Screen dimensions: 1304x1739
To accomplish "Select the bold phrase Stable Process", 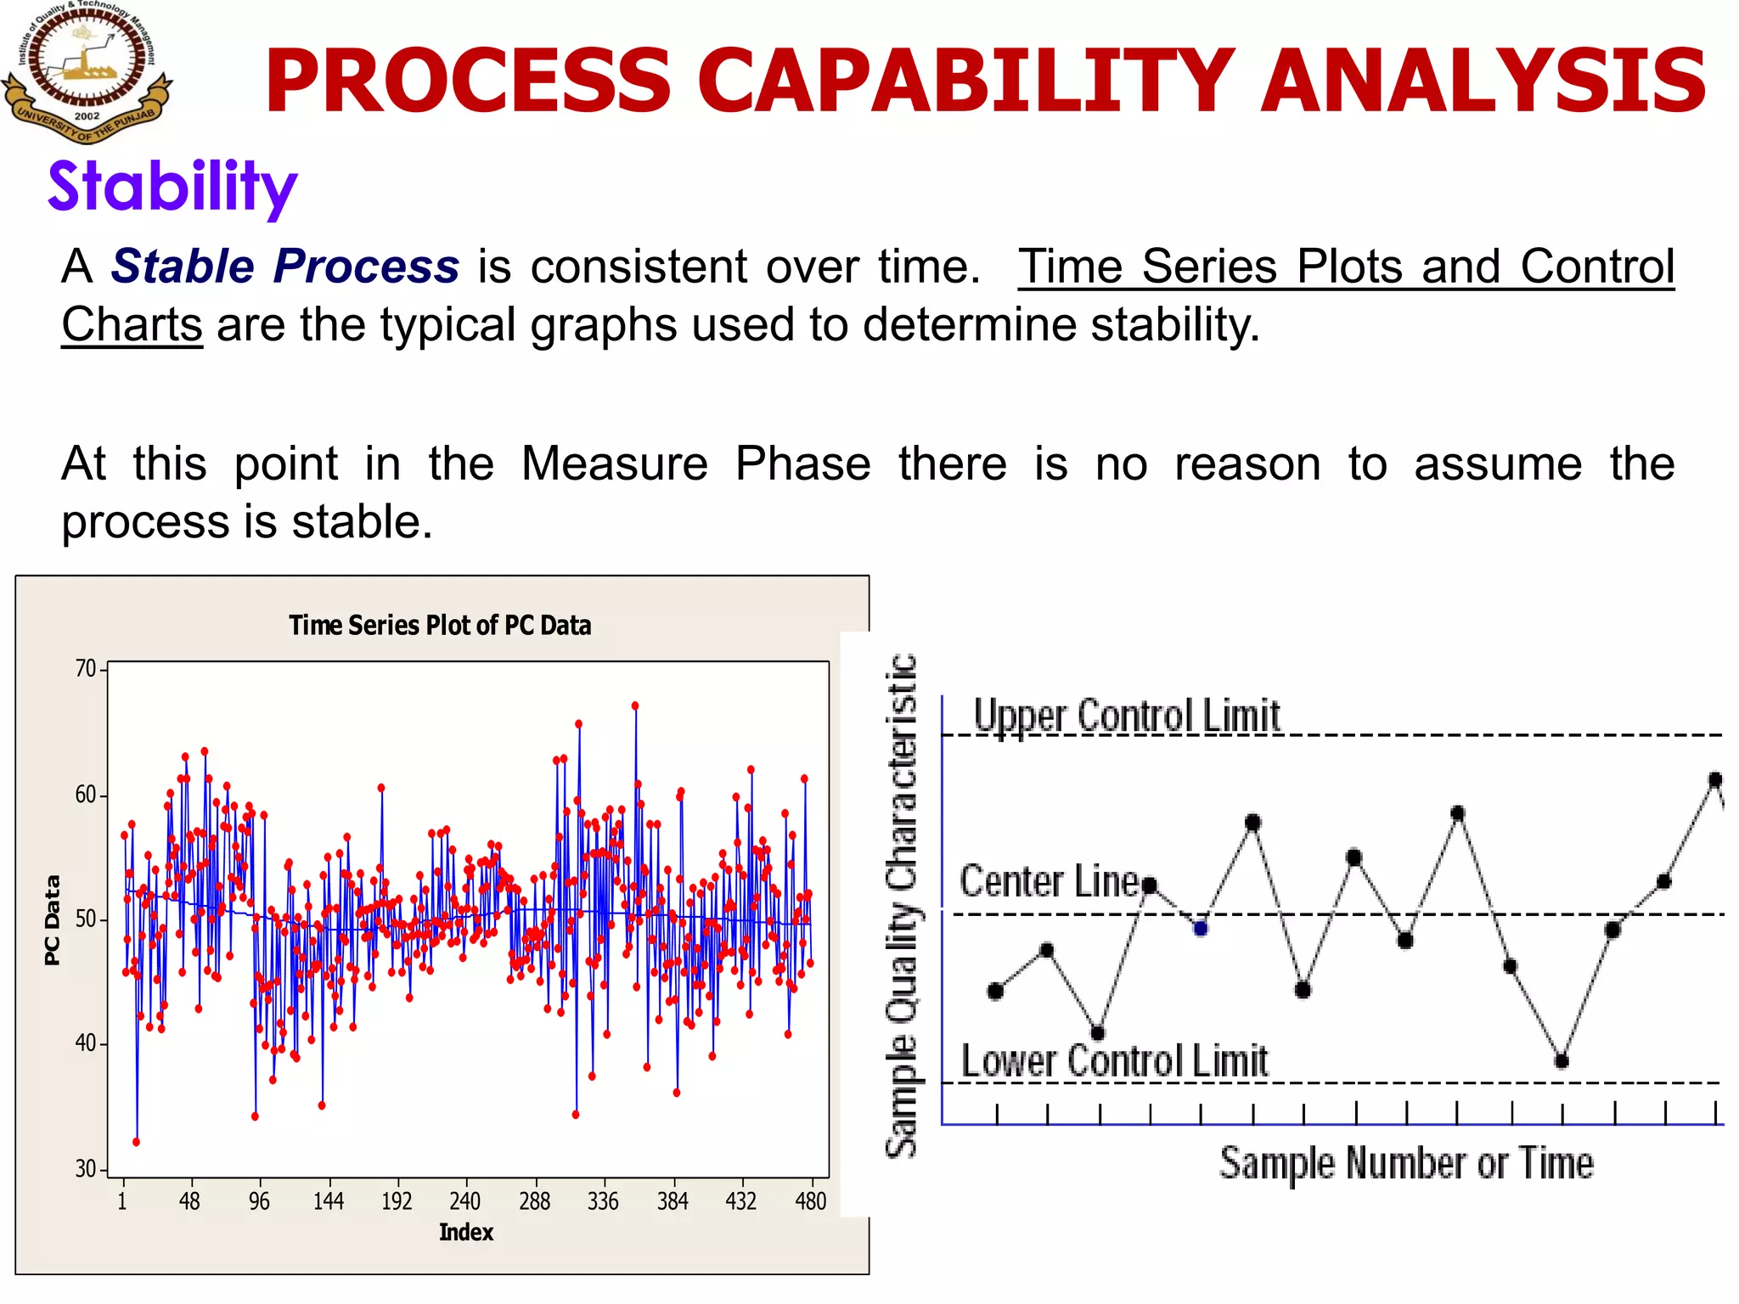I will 285,267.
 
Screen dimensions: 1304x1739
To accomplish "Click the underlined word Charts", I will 132,325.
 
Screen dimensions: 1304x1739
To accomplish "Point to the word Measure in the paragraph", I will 614,464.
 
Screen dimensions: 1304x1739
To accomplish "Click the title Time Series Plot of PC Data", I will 440,626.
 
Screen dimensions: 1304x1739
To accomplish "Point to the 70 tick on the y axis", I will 86,669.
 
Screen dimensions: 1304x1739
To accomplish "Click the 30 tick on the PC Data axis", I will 86,1169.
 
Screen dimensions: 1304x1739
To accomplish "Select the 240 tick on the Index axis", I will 465,1201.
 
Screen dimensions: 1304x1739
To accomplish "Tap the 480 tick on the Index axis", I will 811,1201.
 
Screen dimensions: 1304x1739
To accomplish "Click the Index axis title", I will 465,1233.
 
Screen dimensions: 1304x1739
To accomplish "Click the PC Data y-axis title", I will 53,920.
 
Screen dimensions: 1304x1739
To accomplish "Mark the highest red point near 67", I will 634,705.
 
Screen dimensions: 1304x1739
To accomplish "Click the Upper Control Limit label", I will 1126,716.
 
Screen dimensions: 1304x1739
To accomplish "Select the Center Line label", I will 1050,881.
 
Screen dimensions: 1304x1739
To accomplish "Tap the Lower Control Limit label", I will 1114,1061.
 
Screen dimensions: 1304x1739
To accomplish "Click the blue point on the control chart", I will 1200,929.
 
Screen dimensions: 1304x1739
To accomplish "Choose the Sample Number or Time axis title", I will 1406,1163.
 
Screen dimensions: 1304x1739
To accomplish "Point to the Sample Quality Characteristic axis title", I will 902,905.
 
